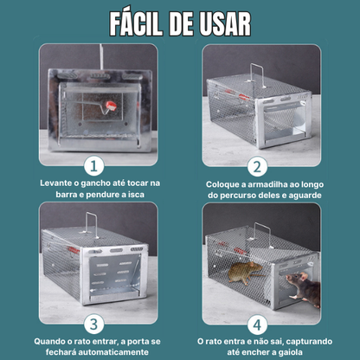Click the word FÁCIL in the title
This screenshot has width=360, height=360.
(x=136, y=23)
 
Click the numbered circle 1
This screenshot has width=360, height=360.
(x=94, y=166)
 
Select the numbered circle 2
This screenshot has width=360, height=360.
(x=257, y=166)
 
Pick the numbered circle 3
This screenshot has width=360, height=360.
(x=94, y=325)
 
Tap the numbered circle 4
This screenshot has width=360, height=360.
(x=257, y=325)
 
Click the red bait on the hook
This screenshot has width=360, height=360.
(x=111, y=106)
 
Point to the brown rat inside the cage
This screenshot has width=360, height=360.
(x=245, y=273)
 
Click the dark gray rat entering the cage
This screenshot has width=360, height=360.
(x=305, y=289)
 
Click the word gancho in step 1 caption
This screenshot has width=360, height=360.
(x=95, y=183)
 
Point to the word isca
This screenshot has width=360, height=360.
(x=135, y=195)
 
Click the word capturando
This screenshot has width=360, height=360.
(x=309, y=342)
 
